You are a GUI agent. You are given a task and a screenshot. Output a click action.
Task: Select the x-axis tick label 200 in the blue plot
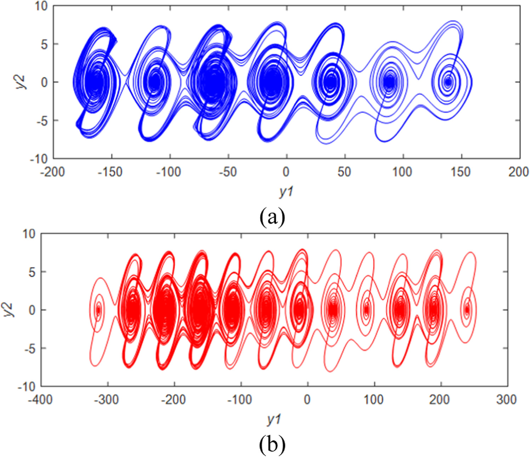[518, 172]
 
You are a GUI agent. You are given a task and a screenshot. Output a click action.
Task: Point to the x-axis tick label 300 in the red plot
[506, 400]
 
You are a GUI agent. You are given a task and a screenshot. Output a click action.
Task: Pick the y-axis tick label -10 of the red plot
[28, 387]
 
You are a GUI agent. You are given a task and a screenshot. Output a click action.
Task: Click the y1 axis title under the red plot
[274, 419]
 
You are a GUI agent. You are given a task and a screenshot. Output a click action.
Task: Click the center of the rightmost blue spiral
[448, 82]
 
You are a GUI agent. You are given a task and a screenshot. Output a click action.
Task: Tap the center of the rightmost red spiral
[467, 310]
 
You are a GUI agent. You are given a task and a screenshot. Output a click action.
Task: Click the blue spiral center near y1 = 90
[389, 82]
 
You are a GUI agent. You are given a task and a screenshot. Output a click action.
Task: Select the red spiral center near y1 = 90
[366, 310]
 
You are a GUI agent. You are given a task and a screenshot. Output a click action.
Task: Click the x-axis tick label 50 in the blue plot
[344, 172]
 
